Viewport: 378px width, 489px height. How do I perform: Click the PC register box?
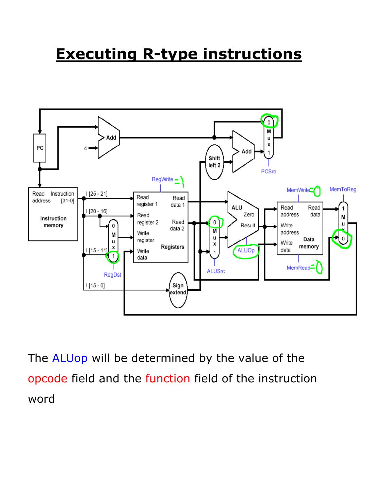click(40, 148)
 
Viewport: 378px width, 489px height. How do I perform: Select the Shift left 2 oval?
click(214, 162)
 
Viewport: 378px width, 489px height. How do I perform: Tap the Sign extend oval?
click(178, 289)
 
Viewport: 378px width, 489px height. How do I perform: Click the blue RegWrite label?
click(162, 179)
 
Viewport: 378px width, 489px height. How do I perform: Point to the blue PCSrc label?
click(268, 171)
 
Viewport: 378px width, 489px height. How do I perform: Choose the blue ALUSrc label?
click(216, 271)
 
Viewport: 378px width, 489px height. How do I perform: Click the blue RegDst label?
click(112, 275)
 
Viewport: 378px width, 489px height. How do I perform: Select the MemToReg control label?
click(343, 189)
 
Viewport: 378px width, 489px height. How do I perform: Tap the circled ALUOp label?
click(246, 251)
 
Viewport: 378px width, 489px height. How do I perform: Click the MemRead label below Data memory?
click(298, 268)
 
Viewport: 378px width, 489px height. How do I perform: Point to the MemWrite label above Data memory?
click(298, 190)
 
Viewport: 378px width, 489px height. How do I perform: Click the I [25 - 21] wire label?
click(97, 194)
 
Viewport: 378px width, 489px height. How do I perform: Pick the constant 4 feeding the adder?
click(86, 148)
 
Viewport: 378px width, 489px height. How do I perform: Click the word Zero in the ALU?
click(249, 215)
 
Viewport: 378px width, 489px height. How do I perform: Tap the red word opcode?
click(48, 378)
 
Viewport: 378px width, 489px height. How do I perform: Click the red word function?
click(167, 378)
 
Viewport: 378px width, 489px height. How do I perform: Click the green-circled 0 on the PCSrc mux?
click(269, 122)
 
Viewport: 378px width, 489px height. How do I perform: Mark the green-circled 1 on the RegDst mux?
click(113, 256)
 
